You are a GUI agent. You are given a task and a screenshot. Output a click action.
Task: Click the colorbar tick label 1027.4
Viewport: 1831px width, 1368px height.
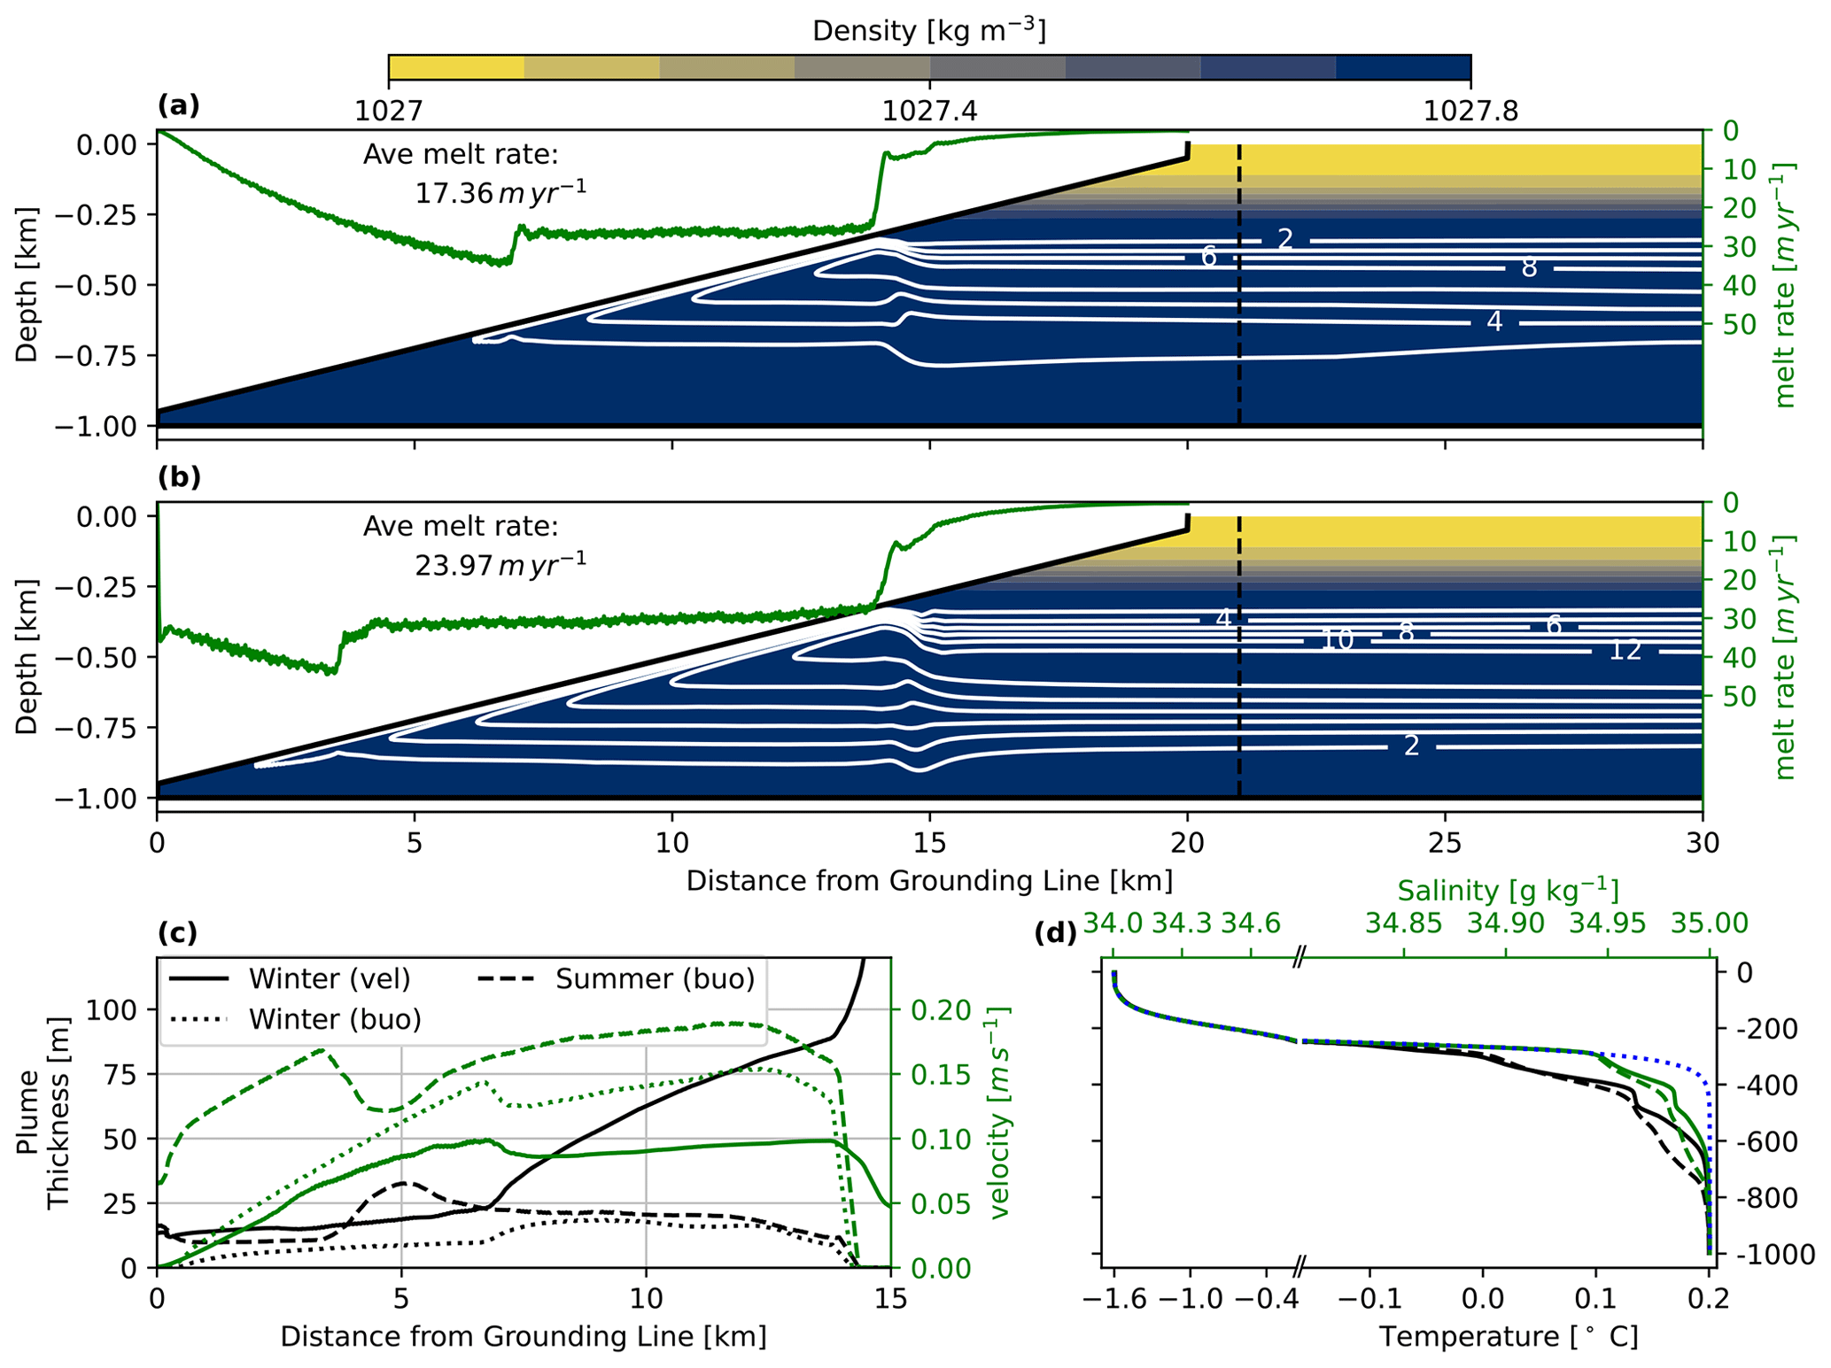[x=929, y=112]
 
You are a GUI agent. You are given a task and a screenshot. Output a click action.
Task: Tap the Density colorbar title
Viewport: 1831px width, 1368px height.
[x=929, y=31]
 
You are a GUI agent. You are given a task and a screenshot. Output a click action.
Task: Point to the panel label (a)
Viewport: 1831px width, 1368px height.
[x=179, y=106]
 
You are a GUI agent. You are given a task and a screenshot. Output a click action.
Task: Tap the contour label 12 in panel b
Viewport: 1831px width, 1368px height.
[x=1625, y=651]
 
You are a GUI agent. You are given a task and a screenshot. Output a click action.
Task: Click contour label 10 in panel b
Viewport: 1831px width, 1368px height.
[x=1337, y=640]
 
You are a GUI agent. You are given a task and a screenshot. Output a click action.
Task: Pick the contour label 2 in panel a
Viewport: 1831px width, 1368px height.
[x=1285, y=239]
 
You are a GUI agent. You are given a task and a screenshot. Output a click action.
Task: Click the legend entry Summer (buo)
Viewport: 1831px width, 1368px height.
[x=655, y=978]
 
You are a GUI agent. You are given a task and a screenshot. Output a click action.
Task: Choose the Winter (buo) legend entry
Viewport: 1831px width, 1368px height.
[x=334, y=1019]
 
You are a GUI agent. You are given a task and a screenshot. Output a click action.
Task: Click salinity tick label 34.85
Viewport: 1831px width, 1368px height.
[x=1403, y=924]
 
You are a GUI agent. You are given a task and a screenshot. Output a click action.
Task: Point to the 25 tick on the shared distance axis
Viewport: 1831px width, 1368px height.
[x=1445, y=842]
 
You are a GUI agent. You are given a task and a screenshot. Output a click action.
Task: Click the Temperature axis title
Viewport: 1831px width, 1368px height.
[x=1508, y=1336]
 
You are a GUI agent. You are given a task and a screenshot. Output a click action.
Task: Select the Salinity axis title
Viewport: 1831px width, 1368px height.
[x=1508, y=890]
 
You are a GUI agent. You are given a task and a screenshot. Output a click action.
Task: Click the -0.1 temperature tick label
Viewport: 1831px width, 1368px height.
[x=1369, y=1299]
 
